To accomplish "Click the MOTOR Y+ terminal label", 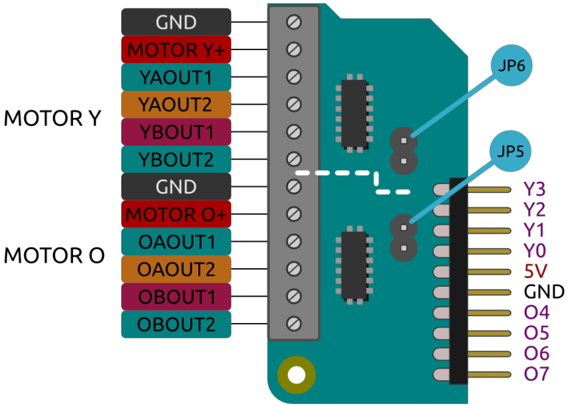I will [176, 49].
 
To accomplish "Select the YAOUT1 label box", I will [176, 77].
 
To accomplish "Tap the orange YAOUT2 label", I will [176, 104].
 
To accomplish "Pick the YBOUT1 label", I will [176, 132].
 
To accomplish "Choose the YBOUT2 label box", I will [176, 160].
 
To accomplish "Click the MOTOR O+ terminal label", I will [176, 214].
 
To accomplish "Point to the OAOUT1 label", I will [176, 242].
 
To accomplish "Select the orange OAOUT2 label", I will [176, 269].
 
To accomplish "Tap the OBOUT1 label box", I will [176, 297].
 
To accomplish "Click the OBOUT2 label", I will [176, 324].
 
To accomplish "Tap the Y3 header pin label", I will [534, 190].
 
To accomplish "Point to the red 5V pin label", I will [534, 271].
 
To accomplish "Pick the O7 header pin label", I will [535, 374].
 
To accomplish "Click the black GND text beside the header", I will [544, 292].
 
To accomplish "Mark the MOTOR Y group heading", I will [53, 119].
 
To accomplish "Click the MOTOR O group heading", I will [54, 256].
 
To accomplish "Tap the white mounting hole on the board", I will [296, 376].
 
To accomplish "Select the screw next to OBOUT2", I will [294, 324].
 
